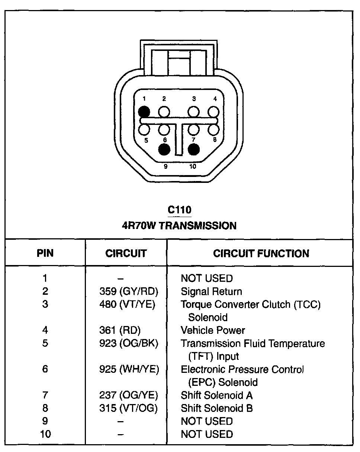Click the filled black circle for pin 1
(144, 112)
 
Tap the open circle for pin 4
(213, 112)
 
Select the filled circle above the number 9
(164, 149)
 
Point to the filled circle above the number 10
(194, 149)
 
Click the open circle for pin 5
(144, 129)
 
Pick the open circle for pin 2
(164, 112)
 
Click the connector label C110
(180, 210)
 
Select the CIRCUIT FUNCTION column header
(261, 254)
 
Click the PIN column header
(45, 254)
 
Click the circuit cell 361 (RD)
(120, 330)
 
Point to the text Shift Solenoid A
(216, 395)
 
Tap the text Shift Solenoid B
(216, 408)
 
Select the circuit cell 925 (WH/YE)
(129, 369)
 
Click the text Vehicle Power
(213, 330)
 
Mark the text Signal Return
(211, 291)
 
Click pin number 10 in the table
(45, 434)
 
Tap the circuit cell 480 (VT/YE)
(127, 304)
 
